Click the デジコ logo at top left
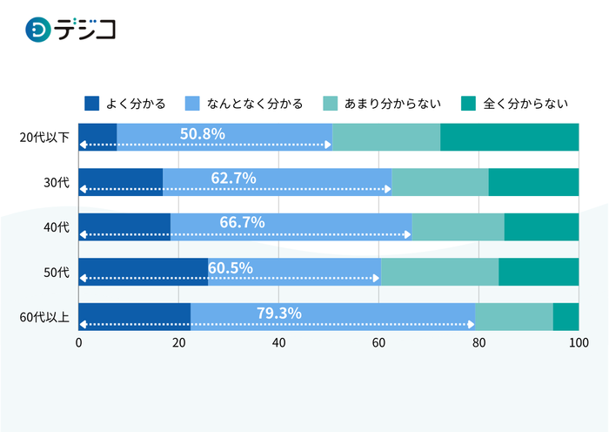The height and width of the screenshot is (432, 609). pos(71,29)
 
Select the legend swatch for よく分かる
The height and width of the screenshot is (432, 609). pos(91,104)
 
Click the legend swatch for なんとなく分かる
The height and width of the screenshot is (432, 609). pos(193,104)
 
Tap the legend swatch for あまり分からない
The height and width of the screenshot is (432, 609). pos(330,104)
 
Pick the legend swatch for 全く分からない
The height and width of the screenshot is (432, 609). pos(468,104)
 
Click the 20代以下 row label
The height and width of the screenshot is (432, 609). pos(44,138)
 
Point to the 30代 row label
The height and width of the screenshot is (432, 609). pos(56,183)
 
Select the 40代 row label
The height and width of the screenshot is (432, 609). pos(56,227)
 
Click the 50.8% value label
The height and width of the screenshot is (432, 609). pos(203,133)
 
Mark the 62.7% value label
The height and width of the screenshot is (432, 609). pos(233,178)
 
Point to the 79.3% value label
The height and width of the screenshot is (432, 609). pos(278,313)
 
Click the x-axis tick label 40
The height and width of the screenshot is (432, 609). pos(278,343)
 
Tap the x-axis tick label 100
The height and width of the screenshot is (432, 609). pos(579,343)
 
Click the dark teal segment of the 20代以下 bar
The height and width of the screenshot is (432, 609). pos(509,138)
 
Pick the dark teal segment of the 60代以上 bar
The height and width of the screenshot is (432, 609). pos(565,317)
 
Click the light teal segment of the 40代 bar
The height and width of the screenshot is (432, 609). pos(458,227)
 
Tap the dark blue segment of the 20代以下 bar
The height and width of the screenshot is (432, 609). pos(97,138)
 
